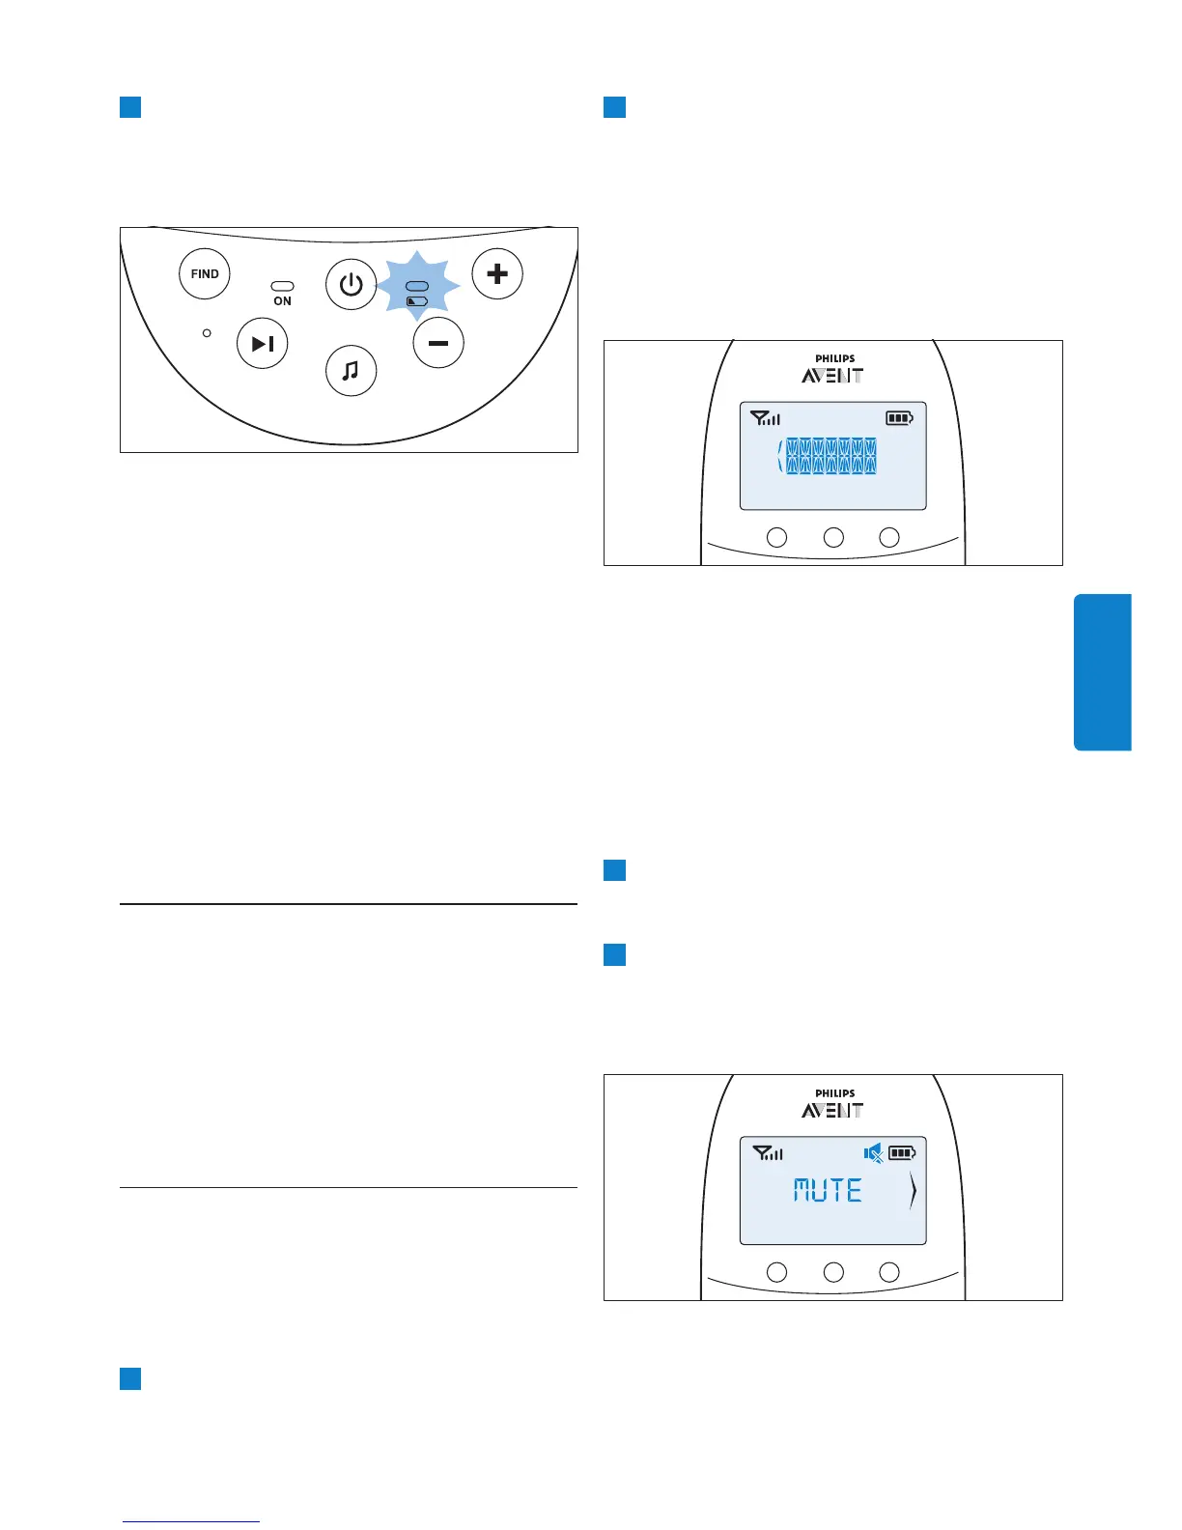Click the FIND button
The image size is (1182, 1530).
(205, 274)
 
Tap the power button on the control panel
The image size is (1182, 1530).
(351, 285)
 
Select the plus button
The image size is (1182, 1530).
(497, 274)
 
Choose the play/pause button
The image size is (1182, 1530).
(263, 343)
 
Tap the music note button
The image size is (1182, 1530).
(351, 371)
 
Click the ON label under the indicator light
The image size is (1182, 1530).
(282, 301)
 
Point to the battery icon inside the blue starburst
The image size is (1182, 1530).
(417, 301)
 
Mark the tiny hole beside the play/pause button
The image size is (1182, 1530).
(207, 333)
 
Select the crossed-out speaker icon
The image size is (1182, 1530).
(873, 1152)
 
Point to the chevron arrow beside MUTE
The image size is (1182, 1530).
(913, 1192)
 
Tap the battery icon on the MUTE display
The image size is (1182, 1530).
(902, 1152)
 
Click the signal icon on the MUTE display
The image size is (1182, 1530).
(768, 1152)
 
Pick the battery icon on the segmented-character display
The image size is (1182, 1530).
(899, 418)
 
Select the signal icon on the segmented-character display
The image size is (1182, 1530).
(766, 418)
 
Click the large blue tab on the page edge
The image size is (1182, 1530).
(1102, 672)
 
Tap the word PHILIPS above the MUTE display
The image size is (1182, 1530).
(834, 1093)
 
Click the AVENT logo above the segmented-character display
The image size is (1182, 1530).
(832, 376)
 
